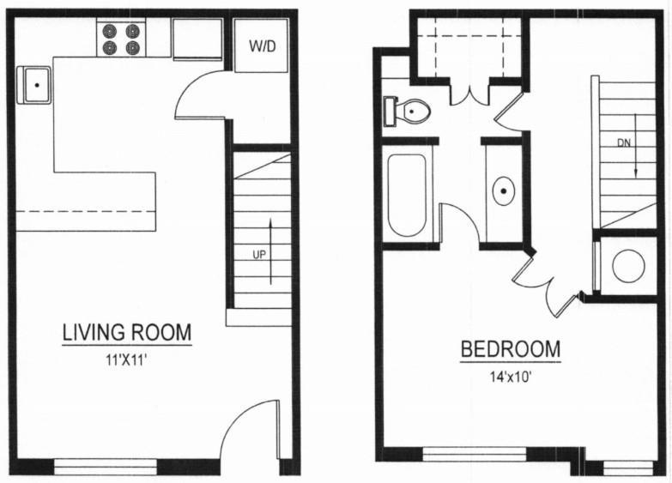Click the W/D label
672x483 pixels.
tap(263, 45)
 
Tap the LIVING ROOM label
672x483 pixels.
tap(126, 332)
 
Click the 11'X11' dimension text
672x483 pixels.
tap(126, 359)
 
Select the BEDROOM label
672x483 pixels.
tap(511, 350)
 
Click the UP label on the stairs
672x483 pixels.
tap(257, 255)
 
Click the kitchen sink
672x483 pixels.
tap(37, 85)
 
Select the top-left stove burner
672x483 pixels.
tap(110, 31)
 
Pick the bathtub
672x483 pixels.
tap(407, 195)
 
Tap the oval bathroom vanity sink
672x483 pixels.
tap(503, 191)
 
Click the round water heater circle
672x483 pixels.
tap(628, 266)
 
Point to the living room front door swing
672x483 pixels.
tap(246, 430)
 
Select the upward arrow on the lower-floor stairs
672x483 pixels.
tap(271, 251)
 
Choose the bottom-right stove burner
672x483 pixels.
tap(132, 48)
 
